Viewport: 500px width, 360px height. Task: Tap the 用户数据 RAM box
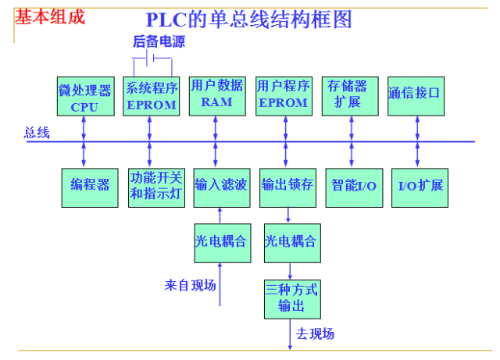(216, 95)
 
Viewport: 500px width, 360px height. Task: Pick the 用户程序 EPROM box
(283, 95)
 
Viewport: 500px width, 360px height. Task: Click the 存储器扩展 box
(348, 95)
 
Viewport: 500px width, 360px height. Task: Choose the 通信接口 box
(415, 95)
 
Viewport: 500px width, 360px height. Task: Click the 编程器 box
(90, 186)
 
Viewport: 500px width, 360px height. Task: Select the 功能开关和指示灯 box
(156, 186)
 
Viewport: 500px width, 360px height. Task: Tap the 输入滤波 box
(221, 186)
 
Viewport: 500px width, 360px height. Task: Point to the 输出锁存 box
(287, 186)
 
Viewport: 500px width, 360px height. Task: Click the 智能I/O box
(354, 186)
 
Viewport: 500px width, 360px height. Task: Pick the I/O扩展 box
(420, 186)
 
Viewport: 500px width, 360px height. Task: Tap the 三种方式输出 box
(291, 298)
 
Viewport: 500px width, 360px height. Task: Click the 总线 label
(37, 134)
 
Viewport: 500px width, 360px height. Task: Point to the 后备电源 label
(159, 42)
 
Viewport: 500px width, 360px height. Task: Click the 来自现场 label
(190, 285)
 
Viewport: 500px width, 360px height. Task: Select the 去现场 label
(316, 334)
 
